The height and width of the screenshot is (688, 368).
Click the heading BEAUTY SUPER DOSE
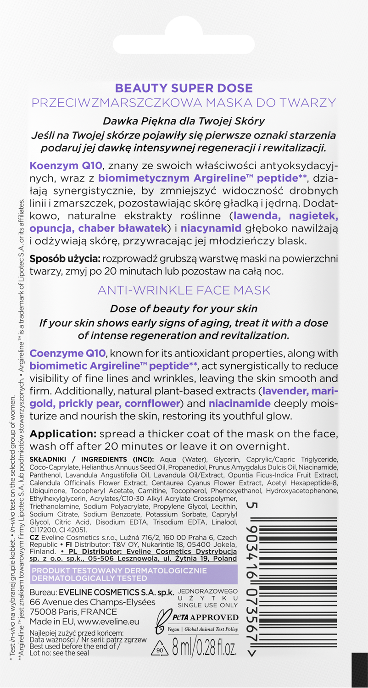click(184, 87)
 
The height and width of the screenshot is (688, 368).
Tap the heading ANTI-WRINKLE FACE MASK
click(184, 290)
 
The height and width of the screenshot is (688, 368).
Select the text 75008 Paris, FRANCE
click(73, 612)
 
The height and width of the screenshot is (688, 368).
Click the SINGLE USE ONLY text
click(207, 605)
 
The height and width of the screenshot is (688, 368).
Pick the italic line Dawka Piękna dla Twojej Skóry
click(184, 121)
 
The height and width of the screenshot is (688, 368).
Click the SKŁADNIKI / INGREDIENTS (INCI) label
click(91, 460)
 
